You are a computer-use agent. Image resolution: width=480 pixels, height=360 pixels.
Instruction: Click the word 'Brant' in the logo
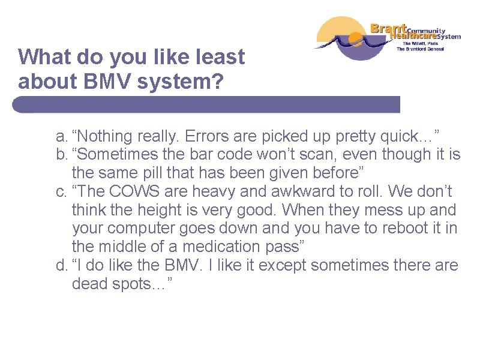388,28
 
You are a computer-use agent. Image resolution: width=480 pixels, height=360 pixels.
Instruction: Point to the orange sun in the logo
356,41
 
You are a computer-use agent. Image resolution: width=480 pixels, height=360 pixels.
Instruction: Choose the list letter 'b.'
62,154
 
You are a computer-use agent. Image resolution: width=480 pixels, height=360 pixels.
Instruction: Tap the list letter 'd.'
62,265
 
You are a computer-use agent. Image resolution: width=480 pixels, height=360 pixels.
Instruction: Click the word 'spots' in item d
136,284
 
